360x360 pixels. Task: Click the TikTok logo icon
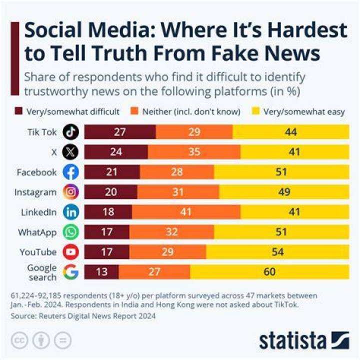coord(70,132)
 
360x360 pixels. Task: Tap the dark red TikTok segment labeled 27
coord(120,132)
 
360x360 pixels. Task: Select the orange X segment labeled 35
coord(194,152)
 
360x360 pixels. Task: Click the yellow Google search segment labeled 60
coord(269,272)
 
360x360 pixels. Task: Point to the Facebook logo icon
coord(70,171)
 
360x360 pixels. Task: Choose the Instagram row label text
coord(35,192)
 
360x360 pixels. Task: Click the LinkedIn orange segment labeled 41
coord(186,212)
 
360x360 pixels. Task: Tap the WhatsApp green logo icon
coord(70,232)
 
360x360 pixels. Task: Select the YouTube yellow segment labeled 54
coord(277,252)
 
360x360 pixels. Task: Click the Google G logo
coord(70,272)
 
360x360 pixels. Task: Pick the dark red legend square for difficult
coord(18,111)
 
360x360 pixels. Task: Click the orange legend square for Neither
coord(134,111)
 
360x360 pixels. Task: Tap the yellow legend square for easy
coord(255,111)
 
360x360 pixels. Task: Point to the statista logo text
coord(292,341)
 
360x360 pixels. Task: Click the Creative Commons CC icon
coord(19,340)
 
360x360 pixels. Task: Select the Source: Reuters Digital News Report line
coord(83,316)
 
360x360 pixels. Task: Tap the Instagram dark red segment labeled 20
coord(111,191)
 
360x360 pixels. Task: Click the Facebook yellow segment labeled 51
coord(281,171)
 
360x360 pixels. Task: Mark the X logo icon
coord(70,152)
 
